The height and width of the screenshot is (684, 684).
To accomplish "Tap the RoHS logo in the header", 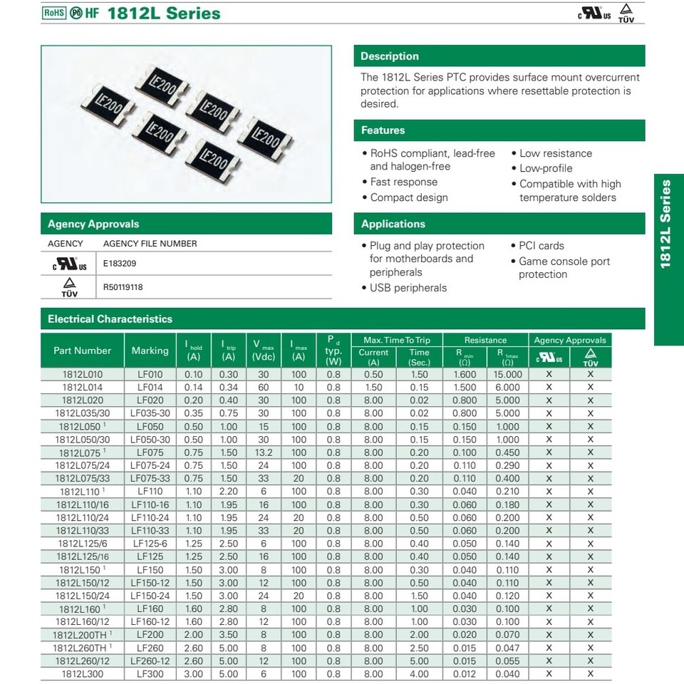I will tap(53, 13).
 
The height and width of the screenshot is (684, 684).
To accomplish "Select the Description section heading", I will tap(390, 56).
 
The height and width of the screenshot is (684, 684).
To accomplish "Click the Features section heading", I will tap(383, 130).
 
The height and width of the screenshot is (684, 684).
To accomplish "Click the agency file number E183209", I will tap(120, 263).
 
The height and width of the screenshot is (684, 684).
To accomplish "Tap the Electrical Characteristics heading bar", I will tap(110, 319).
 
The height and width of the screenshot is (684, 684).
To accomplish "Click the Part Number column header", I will tap(82, 351).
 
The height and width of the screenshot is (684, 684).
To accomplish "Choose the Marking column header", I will tap(150, 351).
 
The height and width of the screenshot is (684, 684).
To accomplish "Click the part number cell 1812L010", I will tap(82, 374).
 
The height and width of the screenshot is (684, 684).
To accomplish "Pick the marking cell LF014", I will tap(150, 387).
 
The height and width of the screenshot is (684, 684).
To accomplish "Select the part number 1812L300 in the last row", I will tap(82, 673).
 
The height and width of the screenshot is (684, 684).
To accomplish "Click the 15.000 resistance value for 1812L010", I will tap(507, 374).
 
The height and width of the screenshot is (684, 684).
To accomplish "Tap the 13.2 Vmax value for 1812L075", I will tap(264, 452).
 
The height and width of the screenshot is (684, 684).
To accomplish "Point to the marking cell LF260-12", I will tap(150, 660).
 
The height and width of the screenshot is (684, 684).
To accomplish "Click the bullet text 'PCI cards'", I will tap(541, 246).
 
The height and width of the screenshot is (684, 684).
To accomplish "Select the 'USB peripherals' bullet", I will tap(408, 288).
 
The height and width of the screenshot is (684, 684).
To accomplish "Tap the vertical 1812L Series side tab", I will tap(666, 224).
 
